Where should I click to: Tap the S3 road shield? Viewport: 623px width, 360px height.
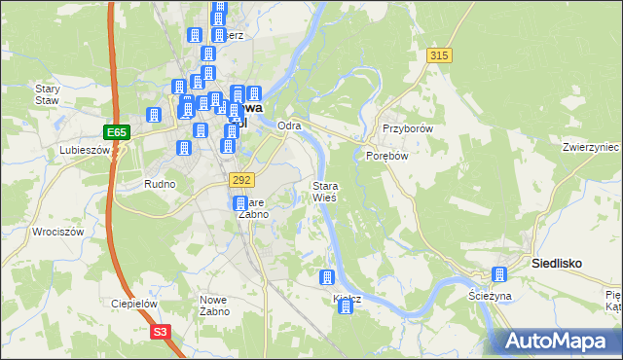click(160, 333)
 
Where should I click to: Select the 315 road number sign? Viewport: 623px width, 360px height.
click(439, 56)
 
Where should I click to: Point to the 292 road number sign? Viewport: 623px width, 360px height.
click(242, 180)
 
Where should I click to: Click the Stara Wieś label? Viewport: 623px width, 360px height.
click(324, 191)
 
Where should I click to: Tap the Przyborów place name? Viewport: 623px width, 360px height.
click(407, 127)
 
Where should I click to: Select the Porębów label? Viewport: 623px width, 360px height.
click(385, 155)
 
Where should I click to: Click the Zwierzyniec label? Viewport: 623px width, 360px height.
click(591, 147)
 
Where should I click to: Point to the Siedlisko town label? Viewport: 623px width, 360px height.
click(557, 263)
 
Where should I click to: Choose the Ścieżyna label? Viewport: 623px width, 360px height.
click(490, 295)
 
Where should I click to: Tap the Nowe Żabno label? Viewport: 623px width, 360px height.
click(214, 305)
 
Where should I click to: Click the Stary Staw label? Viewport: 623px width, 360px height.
click(48, 94)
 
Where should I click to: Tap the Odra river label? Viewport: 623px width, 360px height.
click(289, 126)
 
